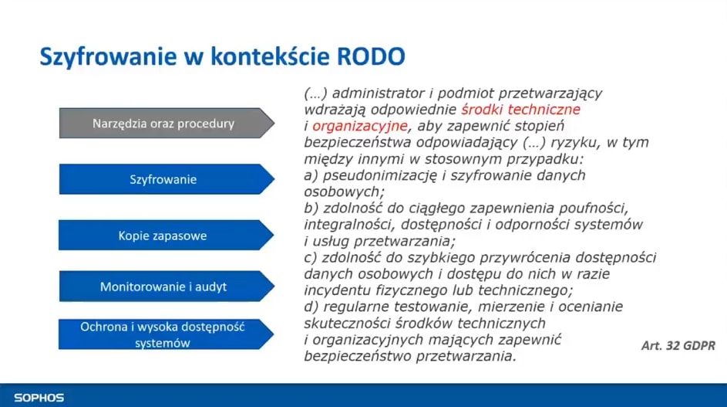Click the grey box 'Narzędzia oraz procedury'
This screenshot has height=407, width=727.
(x=163, y=124)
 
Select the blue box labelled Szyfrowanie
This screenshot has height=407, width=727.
(x=163, y=179)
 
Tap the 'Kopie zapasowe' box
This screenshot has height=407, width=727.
(x=163, y=236)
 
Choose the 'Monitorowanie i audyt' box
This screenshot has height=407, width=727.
(x=163, y=287)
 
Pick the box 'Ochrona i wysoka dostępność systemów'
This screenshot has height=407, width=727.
(x=163, y=334)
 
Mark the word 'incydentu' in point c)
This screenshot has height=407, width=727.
(x=334, y=290)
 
